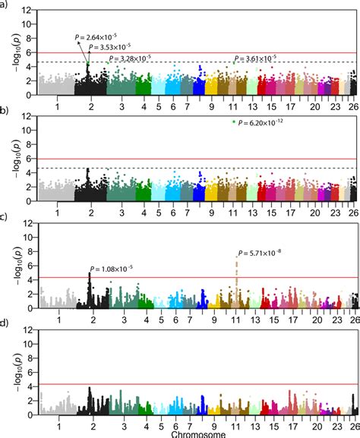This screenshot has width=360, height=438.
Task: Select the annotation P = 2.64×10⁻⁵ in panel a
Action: click(x=96, y=36)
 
